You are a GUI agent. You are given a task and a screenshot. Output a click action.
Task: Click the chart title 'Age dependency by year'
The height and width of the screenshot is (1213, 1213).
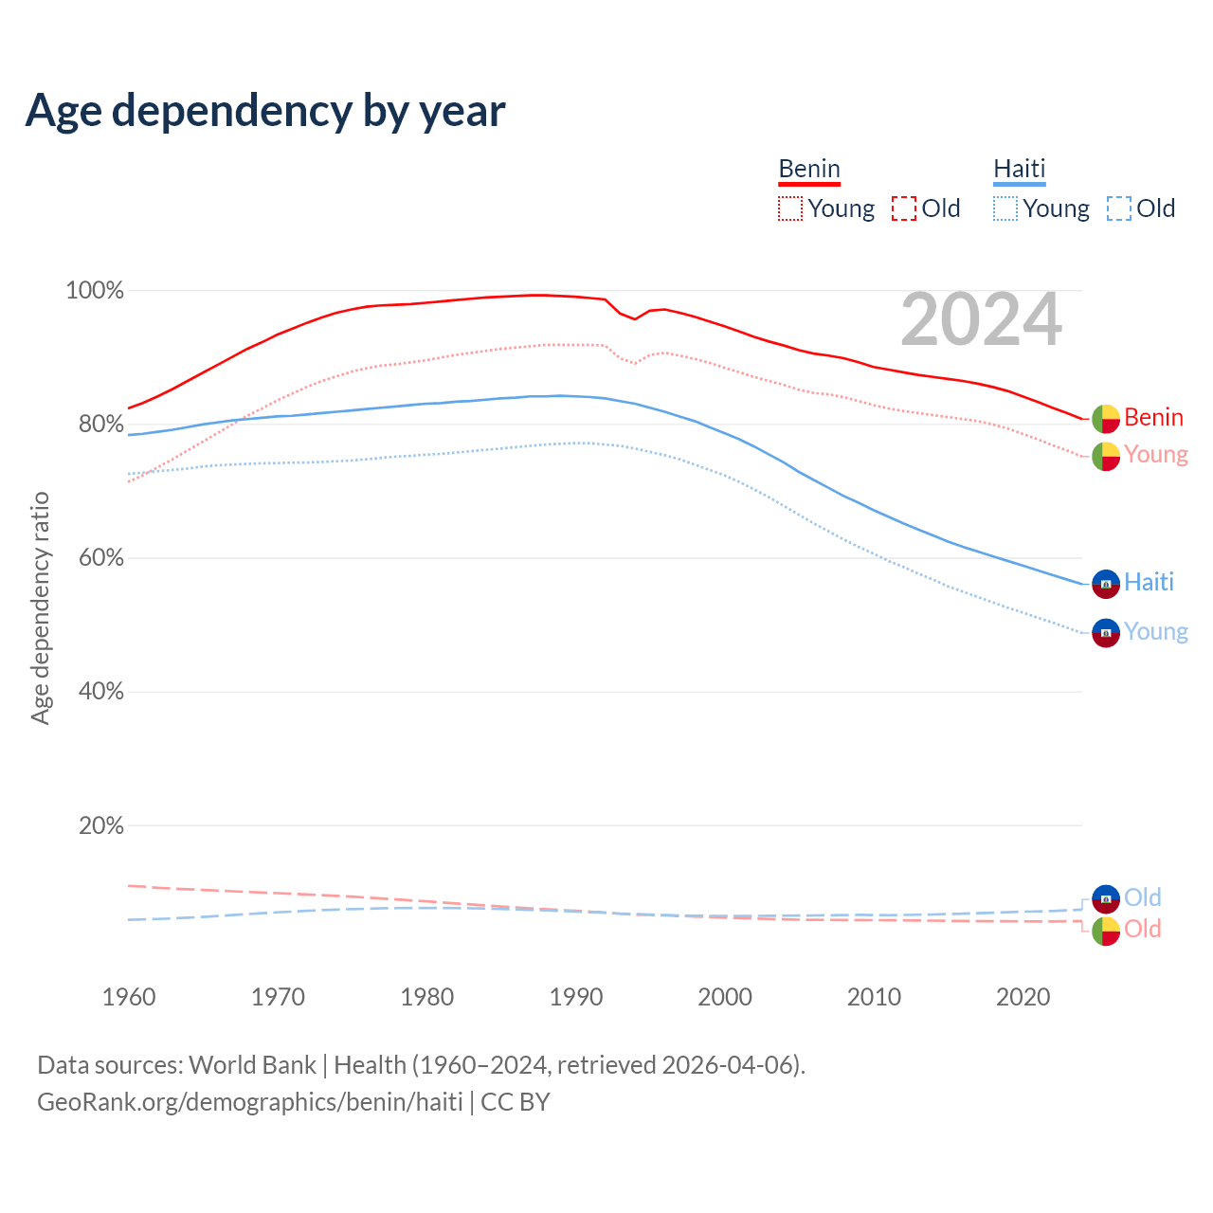click(x=265, y=111)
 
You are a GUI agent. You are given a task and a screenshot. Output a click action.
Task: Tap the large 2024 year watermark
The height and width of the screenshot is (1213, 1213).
click(x=981, y=319)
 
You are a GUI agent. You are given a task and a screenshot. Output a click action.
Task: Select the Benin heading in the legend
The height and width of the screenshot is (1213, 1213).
click(x=809, y=169)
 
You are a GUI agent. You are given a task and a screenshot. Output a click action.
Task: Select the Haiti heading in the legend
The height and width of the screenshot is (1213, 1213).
click(x=1019, y=169)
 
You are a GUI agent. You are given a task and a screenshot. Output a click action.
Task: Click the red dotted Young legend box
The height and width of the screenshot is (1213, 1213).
click(x=789, y=208)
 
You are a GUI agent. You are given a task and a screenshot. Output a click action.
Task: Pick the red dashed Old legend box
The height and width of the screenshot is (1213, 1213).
click(x=904, y=208)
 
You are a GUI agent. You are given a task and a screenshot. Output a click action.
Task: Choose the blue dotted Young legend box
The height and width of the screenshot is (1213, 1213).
click(x=1005, y=208)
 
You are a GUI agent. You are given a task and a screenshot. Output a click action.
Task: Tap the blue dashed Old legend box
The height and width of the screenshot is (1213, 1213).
click(x=1119, y=208)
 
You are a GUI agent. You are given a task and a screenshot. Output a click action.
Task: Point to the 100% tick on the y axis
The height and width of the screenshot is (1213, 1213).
click(x=95, y=291)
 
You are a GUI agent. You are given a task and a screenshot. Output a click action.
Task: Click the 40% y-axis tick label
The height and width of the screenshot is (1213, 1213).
click(x=100, y=692)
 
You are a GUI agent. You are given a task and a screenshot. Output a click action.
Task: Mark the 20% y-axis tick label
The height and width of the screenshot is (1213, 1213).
click(x=100, y=826)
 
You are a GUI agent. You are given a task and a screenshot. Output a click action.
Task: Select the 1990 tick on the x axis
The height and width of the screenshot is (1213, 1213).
click(x=576, y=997)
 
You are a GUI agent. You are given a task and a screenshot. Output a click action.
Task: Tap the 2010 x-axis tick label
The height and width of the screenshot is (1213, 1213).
click(x=874, y=997)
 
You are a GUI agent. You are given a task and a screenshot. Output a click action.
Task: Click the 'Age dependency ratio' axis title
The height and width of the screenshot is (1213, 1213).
click(x=40, y=607)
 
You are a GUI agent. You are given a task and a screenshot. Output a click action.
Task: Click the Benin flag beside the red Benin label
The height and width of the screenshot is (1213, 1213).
click(x=1106, y=418)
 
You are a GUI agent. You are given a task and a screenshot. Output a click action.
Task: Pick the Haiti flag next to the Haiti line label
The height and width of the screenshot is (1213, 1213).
click(x=1106, y=584)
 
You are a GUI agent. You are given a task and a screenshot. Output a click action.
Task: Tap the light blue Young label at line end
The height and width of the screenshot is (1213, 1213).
click(x=1156, y=631)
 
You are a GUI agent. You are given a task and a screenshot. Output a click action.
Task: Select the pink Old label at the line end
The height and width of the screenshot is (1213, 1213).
click(x=1143, y=929)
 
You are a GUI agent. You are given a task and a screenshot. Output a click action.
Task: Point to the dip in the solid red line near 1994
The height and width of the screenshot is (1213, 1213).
click(x=635, y=318)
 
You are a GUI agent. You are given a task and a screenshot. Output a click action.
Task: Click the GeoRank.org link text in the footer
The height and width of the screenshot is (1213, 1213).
click(x=250, y=1102)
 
